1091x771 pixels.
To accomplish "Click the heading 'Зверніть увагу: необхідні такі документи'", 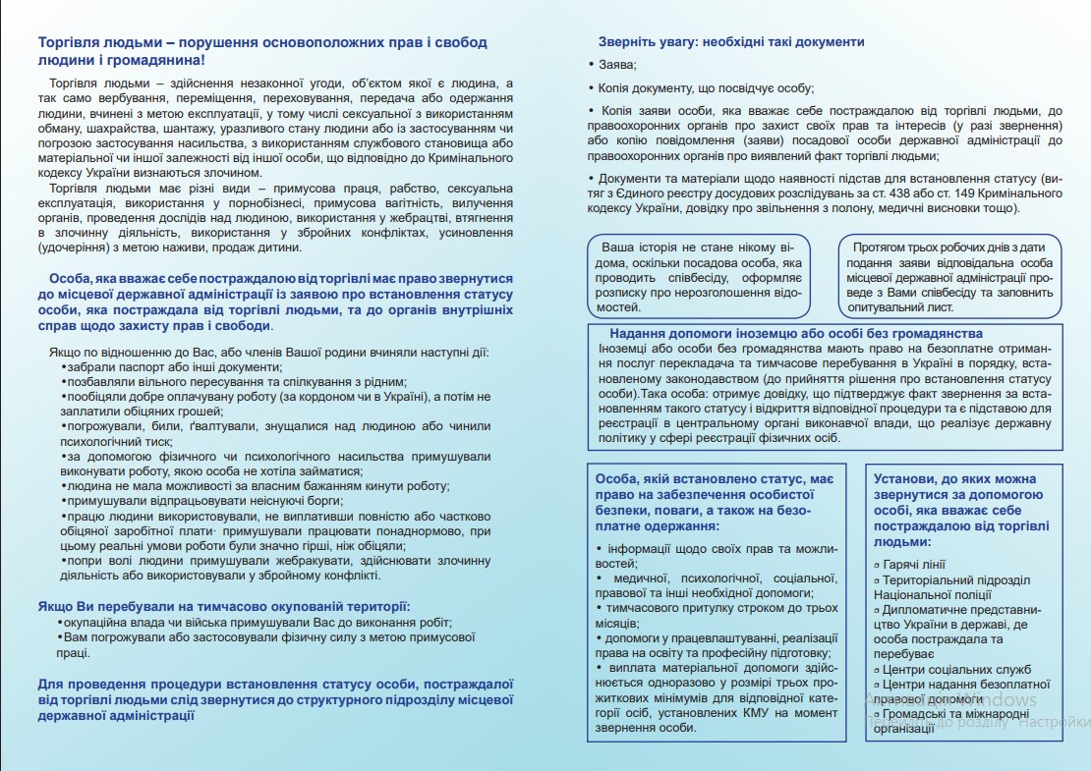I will [731, 42].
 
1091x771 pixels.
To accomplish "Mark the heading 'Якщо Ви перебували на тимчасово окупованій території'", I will [223, 606].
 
